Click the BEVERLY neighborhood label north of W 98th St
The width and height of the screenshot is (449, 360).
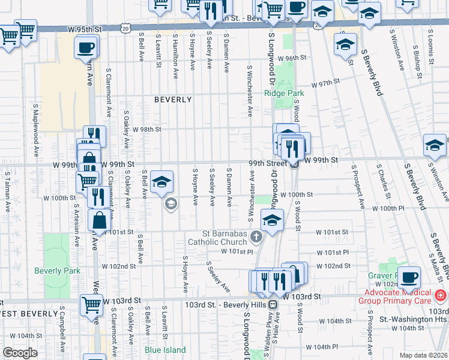pos(173,100)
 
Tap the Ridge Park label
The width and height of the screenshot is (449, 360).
pos(284,93)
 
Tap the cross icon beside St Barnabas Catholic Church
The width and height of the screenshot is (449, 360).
pos(256,237)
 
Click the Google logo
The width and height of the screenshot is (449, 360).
pos(20,352)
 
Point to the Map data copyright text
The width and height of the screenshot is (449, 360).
pos(423,355)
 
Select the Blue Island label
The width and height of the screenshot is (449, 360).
pos(166,350)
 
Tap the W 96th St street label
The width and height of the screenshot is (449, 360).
pos(292,58)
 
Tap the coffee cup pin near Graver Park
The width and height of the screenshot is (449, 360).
pos(409,277)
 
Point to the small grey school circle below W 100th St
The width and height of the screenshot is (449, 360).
pos(170,205)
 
